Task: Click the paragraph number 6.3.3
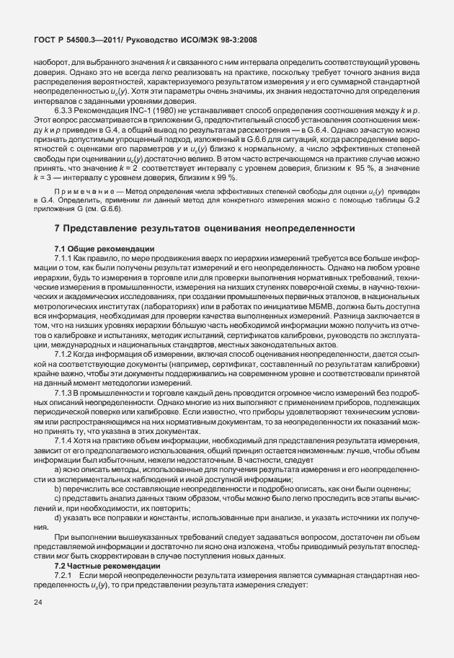[x=65, y=110]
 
